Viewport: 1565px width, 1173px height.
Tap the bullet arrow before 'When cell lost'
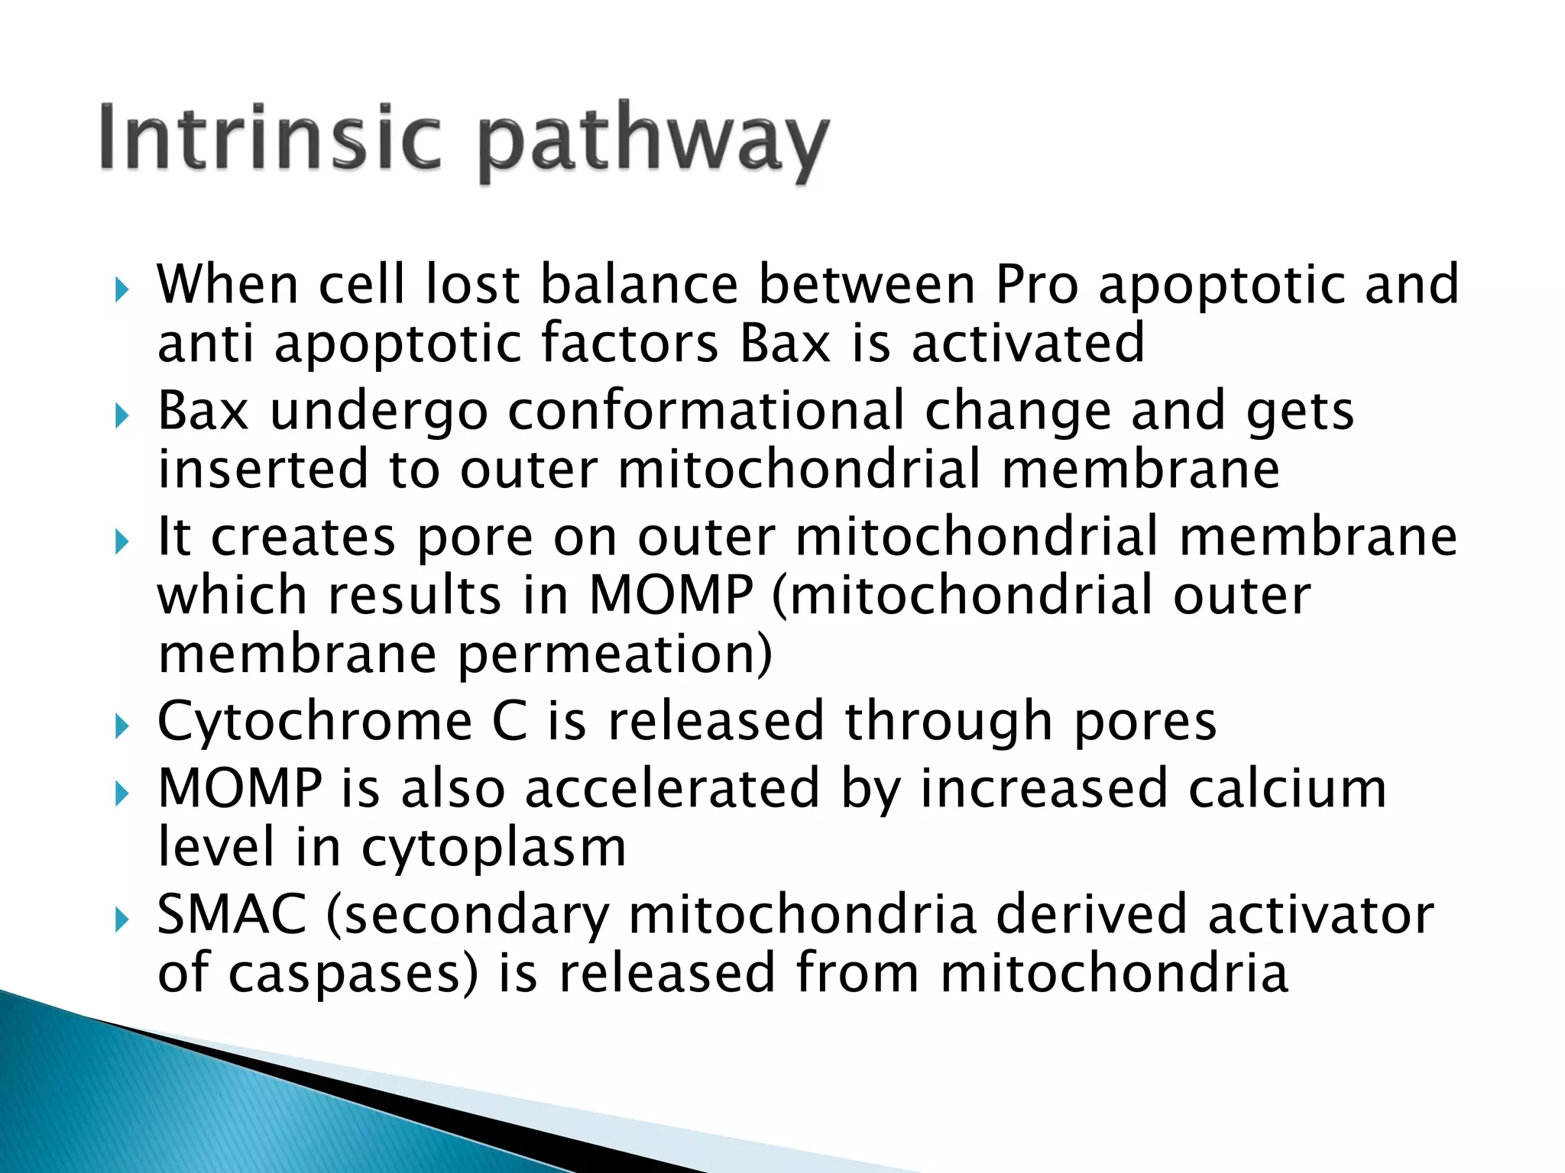[x=122, y=290]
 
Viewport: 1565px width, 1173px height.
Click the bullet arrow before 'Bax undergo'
[x=122, y=417]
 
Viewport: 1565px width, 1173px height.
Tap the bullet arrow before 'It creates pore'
[x=122, y=543]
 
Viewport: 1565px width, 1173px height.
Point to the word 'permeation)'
[x=615, y=654]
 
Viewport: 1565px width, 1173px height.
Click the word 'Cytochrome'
[x=315, y=722]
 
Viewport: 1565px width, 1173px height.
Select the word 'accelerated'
[x=672, y=789]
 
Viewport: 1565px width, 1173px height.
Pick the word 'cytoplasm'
[x=494, y=848]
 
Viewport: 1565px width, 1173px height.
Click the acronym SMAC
[x=232, y=915]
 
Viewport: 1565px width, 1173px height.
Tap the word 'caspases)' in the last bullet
[x=353, y=974]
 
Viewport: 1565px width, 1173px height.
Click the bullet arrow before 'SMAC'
[x=122, y=920]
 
